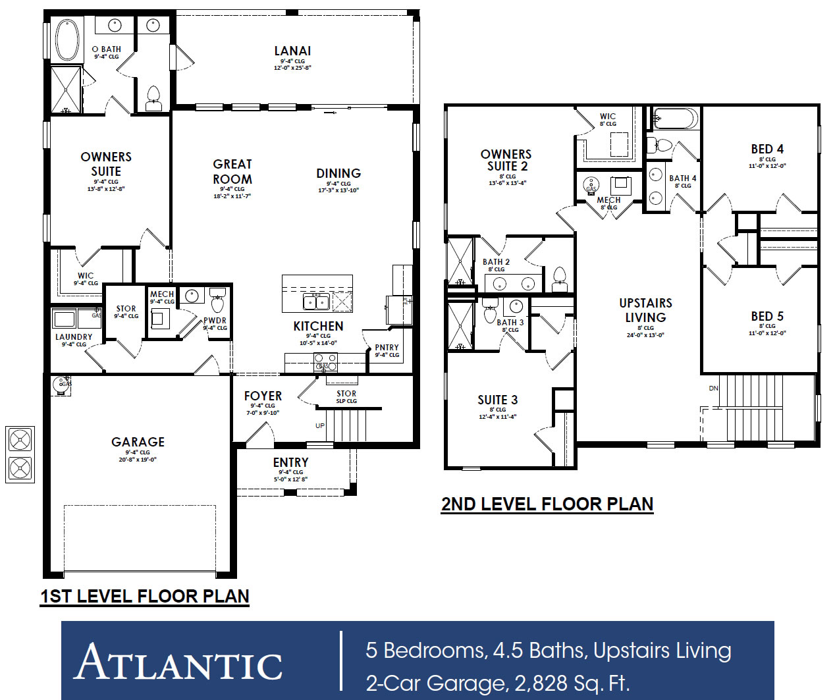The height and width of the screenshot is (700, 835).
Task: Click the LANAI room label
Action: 292,51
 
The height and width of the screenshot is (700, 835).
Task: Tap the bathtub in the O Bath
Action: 67,40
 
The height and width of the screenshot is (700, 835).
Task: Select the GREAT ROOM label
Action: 232,171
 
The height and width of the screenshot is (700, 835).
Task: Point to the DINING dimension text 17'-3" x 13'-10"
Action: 338,190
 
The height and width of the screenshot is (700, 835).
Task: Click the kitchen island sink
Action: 316,302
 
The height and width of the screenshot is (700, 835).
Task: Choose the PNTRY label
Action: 387,348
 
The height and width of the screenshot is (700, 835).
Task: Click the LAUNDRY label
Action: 74,337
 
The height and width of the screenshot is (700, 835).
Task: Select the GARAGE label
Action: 138,442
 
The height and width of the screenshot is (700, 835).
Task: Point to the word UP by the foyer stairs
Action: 320,425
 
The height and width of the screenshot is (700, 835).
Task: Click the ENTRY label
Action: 290,462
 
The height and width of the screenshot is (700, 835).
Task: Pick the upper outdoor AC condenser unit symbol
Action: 20,439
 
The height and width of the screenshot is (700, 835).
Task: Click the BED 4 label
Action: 767,149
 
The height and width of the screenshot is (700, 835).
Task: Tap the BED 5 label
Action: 767,316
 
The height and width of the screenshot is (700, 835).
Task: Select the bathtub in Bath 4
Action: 676,119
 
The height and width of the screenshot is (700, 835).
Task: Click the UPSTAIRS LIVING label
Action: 645,310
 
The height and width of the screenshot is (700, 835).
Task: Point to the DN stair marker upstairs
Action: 713,389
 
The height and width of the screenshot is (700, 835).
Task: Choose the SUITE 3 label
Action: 497,400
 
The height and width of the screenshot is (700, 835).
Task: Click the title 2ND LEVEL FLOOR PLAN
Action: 547,504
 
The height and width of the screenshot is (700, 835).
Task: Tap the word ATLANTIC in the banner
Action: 179,662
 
